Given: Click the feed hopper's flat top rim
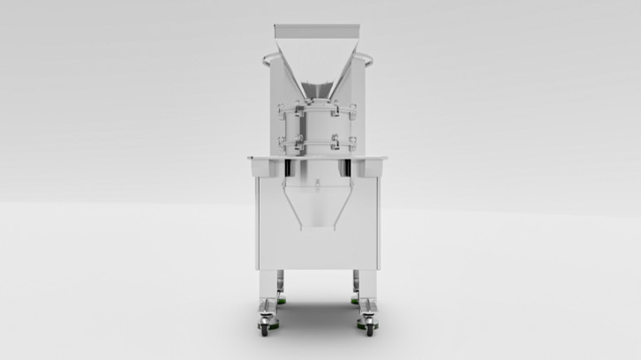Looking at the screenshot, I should pyautogui.click(x=317, y=26).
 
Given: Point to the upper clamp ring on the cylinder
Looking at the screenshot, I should pyautogui.click(x=317, y=109).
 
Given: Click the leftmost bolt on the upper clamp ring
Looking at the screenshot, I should pyautogui.click(x=280, y=109).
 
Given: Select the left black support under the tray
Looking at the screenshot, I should pyautogui.click(x=290, y=168).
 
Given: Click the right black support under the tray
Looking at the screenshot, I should pyautogui.click(x=346, y=168).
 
